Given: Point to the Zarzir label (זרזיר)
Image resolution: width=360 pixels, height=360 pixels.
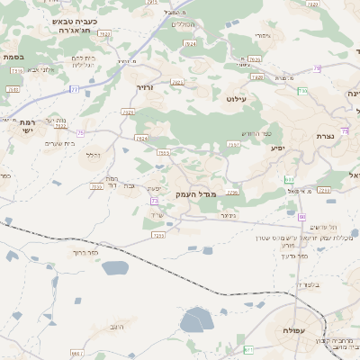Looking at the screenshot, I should (x=146, y=88).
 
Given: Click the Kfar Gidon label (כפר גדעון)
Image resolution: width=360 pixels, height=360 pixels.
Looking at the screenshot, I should (x=294, y=256).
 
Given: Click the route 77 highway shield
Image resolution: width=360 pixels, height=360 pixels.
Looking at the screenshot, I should (x=75, y=90).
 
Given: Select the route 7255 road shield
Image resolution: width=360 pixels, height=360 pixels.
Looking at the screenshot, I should (x=158, y=235).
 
